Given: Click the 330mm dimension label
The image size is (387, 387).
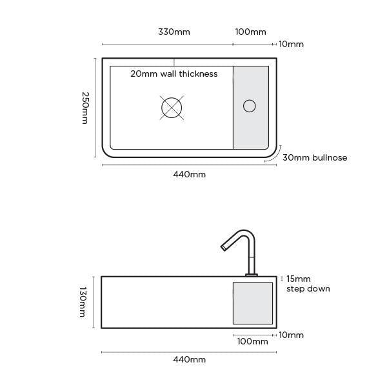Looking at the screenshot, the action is [x=174, y=32].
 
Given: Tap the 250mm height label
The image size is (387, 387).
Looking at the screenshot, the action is [x=84, y=108].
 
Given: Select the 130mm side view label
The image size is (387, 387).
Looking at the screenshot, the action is [x=82, y=302].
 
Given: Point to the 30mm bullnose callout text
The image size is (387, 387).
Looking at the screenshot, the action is [x=315, y=157].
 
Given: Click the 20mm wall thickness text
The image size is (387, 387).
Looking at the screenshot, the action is [x=174, y=74].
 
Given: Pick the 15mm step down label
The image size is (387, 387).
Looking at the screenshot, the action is [x=308, y=284].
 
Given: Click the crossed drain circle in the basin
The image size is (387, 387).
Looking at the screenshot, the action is [x=172, y=108].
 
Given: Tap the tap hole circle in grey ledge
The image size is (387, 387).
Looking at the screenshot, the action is [x=249, y=106].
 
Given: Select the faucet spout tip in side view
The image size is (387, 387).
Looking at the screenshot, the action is [x=223, y=248].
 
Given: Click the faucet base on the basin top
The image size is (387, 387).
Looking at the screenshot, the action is [x=252, y=275].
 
